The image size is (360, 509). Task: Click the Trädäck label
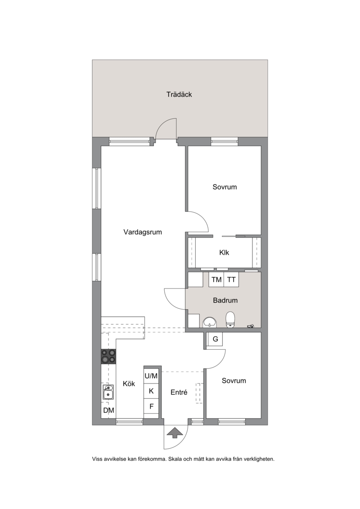pos(179,95)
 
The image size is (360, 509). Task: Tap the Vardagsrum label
pos(143,232)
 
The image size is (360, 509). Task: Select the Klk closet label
pos(224,252)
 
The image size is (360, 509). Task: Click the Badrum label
pos(225,300)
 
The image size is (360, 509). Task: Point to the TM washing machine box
pos(216,279)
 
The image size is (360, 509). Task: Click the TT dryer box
pos(231,279)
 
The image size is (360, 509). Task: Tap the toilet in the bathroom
pos(230,320)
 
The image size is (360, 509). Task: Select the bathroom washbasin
pos(210,323)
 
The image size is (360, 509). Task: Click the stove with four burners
pos(108,356)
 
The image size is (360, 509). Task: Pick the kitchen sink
pos(108,392)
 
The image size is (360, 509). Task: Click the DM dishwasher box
pos(108,410)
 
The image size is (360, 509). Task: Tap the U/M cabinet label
pos(151,376)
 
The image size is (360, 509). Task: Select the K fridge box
pos(151,391)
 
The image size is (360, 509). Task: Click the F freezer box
pos(151,406)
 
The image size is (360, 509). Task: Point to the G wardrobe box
pos(215,339)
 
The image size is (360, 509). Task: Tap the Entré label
pos(179,392)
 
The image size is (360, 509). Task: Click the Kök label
pos(129,384)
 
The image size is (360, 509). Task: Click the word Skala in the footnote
pos(175,459)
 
